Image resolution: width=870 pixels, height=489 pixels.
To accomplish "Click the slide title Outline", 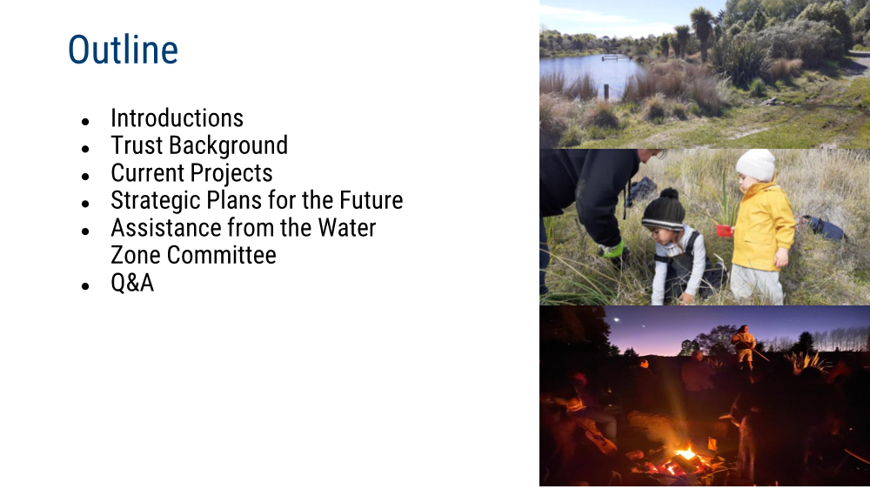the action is tap(123, 50).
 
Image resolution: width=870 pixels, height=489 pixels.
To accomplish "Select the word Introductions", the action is tap(177, 118).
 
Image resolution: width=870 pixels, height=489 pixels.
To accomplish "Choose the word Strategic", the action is tap(156, 201).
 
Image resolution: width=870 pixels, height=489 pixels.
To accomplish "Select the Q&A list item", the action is tap(132, 283).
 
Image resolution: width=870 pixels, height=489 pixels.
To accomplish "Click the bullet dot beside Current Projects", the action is tap(85, 177).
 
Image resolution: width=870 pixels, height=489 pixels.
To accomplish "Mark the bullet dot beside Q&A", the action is tap(85, 286).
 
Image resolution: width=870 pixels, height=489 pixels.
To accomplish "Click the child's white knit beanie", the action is tap(756, 164).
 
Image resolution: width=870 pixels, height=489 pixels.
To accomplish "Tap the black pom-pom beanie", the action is tap(664, 210).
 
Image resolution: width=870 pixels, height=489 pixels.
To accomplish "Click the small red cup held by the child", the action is tap(724, 231).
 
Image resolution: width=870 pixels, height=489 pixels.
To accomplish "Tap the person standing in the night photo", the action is tap(744, 349).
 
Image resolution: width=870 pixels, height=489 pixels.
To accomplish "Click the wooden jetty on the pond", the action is tap(617, 57).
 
